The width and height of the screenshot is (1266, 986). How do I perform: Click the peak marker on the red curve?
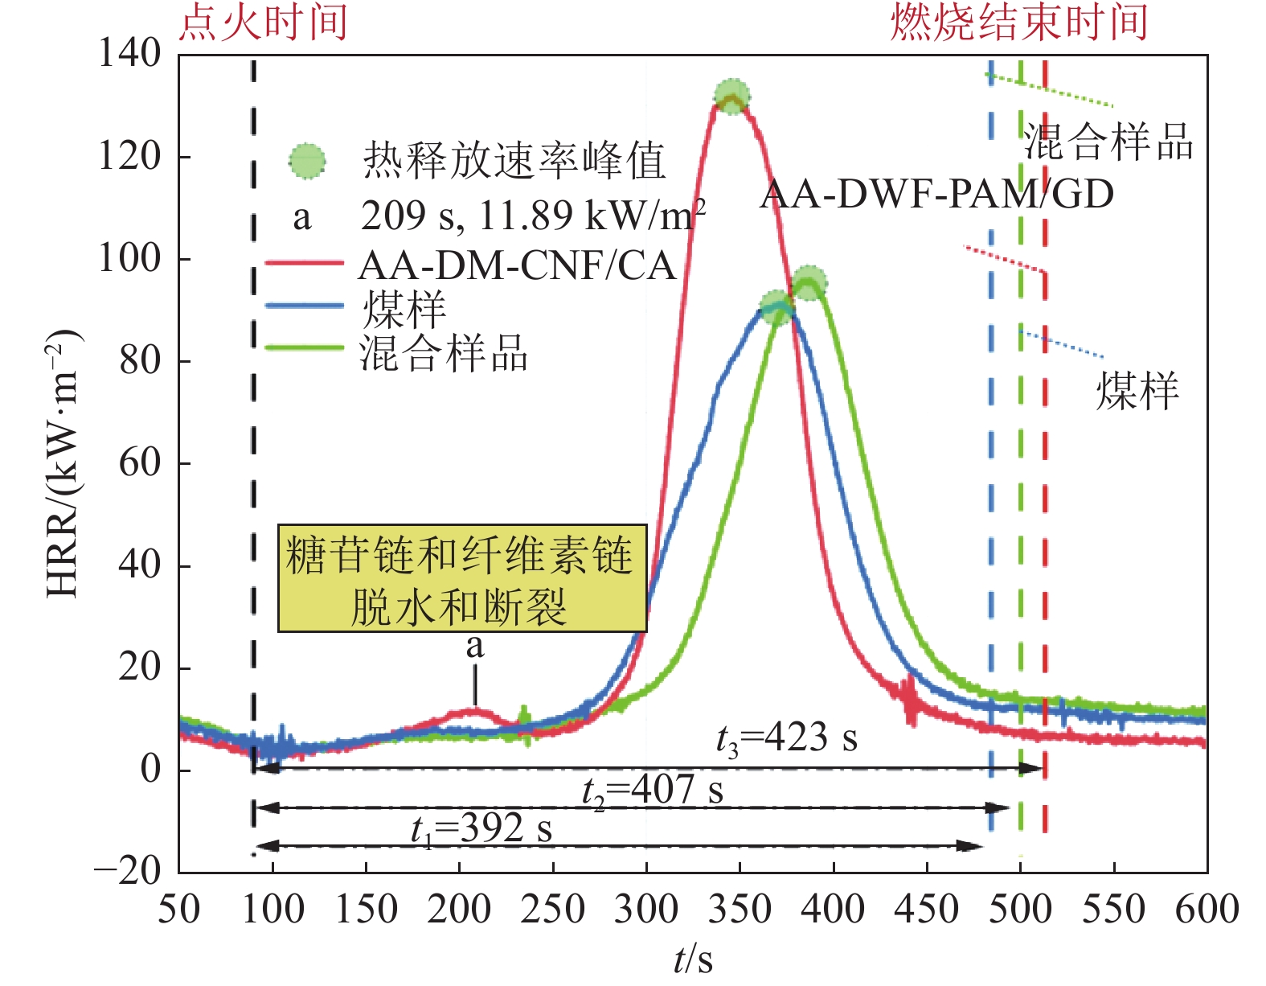click(731, 97)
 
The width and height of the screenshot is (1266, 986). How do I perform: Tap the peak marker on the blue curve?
click(776, 308)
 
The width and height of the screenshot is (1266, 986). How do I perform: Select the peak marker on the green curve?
click(809, 282)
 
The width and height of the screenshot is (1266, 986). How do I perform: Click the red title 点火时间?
click(264, 22)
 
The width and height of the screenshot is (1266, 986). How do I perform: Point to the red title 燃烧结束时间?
click(1019, 22)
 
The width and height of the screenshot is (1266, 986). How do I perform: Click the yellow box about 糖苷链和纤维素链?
click(461, 578)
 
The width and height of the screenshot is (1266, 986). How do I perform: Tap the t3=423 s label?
click(786, 737)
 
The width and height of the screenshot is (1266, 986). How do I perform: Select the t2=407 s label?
click(653, 791)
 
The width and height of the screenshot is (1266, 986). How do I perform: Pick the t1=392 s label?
click(481, 829)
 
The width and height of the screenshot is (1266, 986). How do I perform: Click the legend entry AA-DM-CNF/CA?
click(516, 265)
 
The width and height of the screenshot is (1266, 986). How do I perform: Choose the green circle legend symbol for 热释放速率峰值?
click(308, 162)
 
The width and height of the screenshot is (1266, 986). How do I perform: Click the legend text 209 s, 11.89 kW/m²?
click(533, 216)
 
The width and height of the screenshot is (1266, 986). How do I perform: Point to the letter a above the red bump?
click(475, 645)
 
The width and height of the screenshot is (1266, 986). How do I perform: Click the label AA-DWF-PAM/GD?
click(936, 194)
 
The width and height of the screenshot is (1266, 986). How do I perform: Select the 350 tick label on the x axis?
click(740, 910)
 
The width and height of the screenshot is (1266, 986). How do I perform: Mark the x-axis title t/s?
click(693, 959)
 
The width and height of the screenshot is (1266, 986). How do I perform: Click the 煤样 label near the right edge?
click(1137, 392)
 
